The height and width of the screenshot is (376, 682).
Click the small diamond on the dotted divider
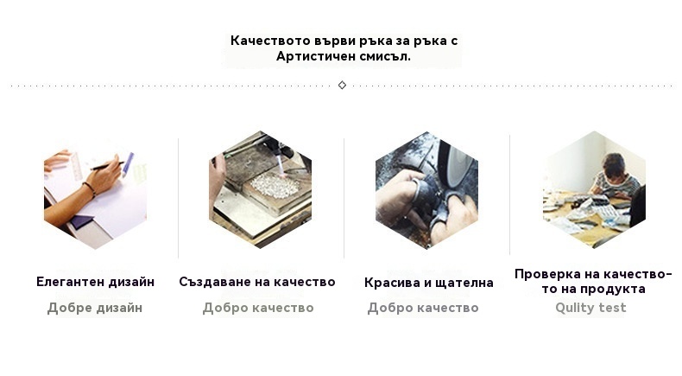point(343,85)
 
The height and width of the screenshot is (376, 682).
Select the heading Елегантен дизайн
point(95,282)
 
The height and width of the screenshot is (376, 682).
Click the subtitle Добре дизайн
point(95,308)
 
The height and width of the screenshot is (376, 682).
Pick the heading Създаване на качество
point(257,282)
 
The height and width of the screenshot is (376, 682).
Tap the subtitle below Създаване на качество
point(258,308)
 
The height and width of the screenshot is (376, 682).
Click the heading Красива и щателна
point(429,283)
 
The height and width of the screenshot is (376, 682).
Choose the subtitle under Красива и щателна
point(423,308)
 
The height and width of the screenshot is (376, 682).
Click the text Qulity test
point(590,308)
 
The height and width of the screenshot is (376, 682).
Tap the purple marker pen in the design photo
point(128,164)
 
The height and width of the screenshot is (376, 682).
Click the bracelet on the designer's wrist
point(90,189)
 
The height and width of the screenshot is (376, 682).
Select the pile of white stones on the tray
point(274,185)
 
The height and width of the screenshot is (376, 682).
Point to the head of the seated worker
point(613,163)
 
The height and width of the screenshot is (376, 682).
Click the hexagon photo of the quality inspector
point(594,190)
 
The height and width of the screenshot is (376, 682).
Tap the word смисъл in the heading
point(385,56)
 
